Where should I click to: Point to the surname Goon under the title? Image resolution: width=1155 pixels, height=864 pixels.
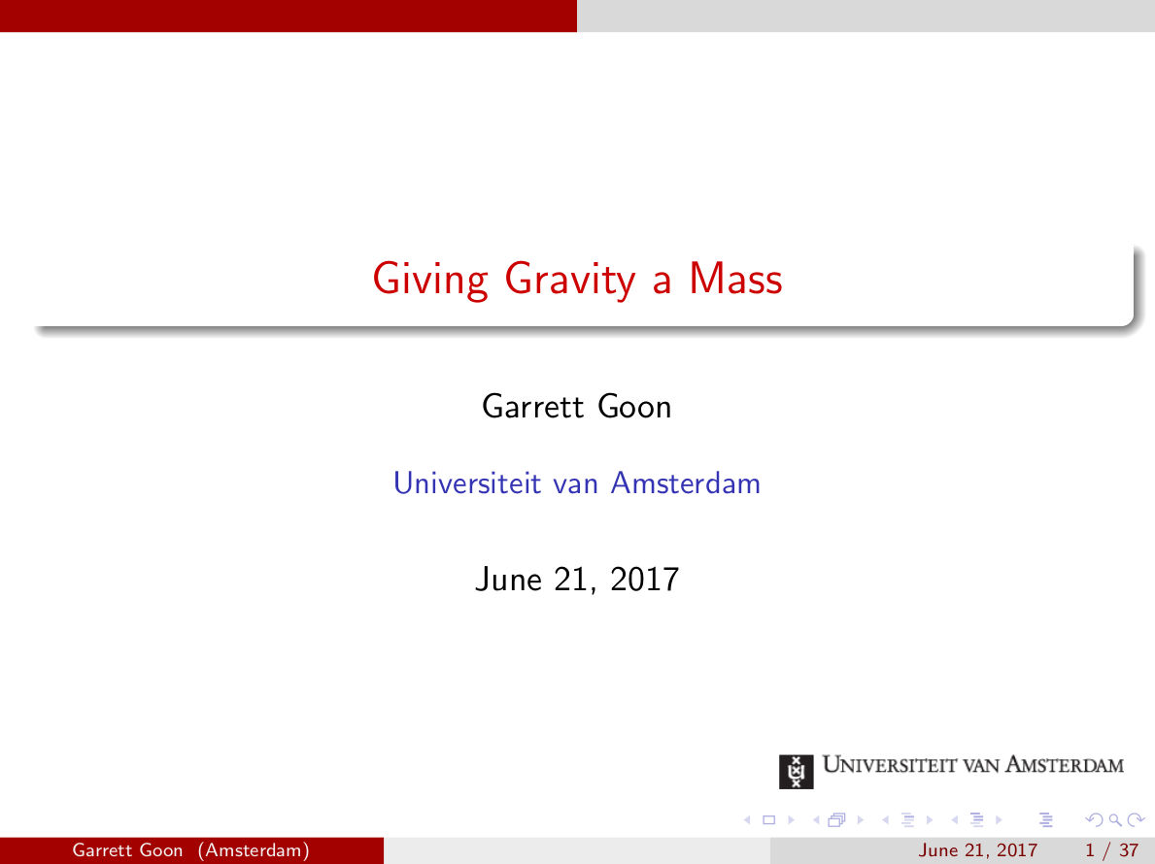[x=634, y=406]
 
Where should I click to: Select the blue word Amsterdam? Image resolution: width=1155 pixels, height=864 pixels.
[x=685, y=482]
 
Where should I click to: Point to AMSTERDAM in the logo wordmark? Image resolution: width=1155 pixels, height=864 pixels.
[x=1065, y=765]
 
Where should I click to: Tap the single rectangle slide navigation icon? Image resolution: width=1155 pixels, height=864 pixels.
[x=768, y=821]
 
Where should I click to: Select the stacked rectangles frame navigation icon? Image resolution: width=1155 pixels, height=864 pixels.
[x=833, y=821]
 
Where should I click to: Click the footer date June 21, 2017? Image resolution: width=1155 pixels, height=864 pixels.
[x=978, y=851]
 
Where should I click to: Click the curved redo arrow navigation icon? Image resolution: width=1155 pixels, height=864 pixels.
[x=1127, y=821]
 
